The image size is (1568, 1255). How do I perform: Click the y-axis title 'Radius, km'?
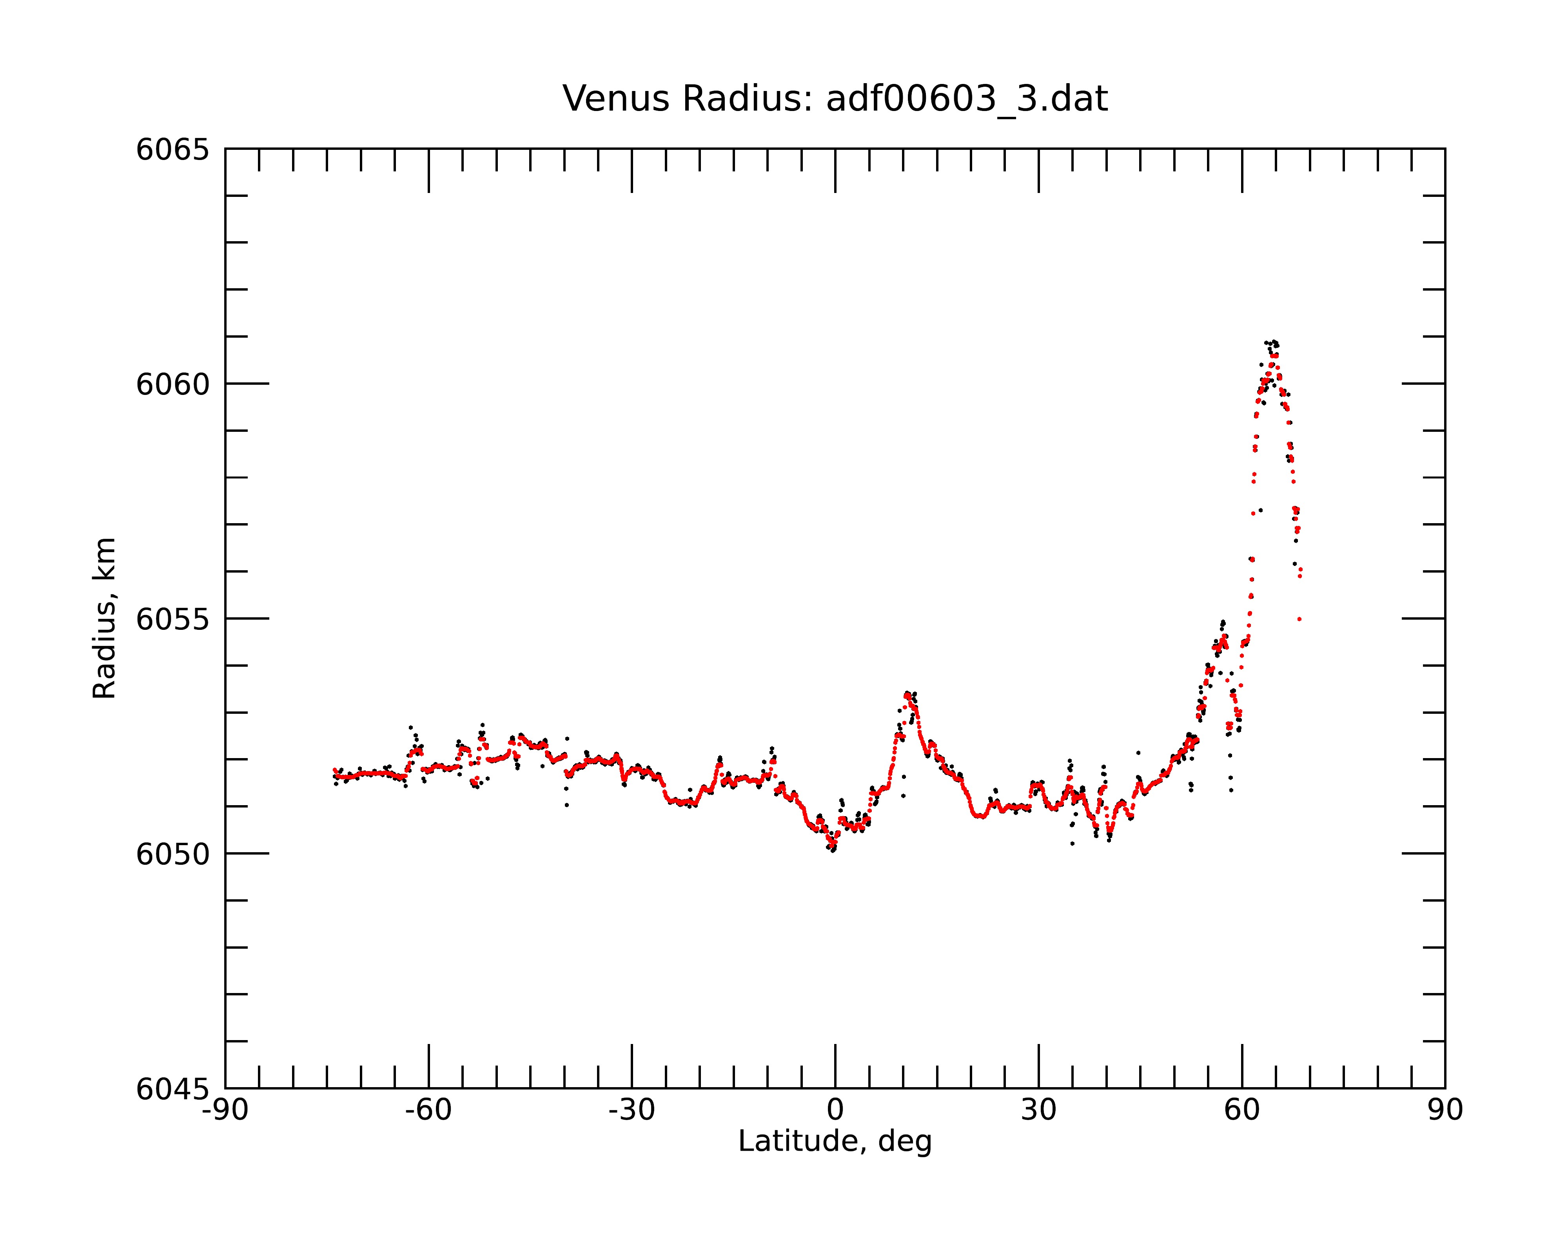coord(104,618)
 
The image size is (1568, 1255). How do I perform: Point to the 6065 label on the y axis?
coord(172,150)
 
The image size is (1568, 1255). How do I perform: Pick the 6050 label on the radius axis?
coord(172,854)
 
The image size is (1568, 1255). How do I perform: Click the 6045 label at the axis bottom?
coord(172,1089)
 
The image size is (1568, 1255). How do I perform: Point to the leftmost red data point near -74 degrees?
coord(334,770)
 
